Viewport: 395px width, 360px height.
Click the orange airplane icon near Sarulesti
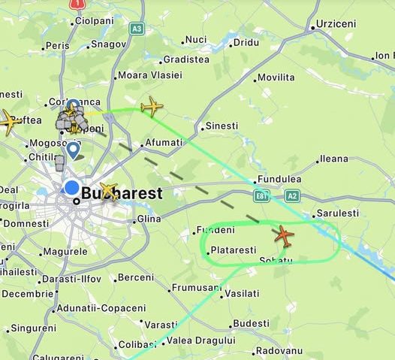tap(284, 235)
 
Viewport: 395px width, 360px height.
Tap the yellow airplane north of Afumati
tap(152, 107)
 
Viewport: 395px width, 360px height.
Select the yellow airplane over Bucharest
tap(109, 192)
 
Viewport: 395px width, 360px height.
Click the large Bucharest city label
tap(121, 193)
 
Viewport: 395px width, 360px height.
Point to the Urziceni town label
tap(335, 24)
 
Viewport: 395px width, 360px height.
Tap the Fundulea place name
tap(279, 180)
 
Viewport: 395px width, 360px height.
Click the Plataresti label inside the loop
tap(234, 250)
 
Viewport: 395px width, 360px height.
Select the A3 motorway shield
tap(136, 29)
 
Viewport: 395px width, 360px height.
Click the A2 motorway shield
tap(292, 196)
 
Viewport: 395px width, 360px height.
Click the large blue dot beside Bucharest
tap(72, 188)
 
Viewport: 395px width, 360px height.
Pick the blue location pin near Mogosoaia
tap(73, 150)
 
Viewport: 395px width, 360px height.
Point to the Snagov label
tap(108, 45)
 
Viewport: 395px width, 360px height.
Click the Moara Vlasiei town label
tap(150, 75)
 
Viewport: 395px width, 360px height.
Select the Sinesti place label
tap(221, 126)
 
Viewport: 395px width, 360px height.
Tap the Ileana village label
tap(333, 159)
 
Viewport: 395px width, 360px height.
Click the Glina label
tap(149, 219)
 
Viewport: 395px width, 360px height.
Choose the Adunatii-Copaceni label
tap(101, 308)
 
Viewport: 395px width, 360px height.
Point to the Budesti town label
tap(251, 323)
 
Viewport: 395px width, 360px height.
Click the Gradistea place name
tap(186, 59)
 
